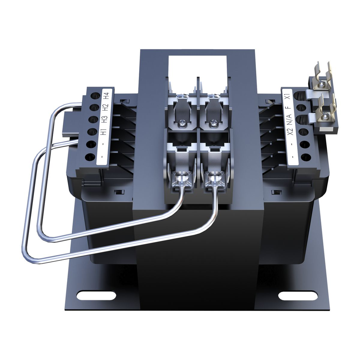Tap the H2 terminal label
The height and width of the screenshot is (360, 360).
pyautogui.click(x=106, y=107)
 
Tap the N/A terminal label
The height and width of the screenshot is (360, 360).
pyautogui.click(x=290, y=119)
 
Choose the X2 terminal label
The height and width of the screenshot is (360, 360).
pyautogui.click(x=291, y=132)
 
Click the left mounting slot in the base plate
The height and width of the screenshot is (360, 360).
pyautogui.click(x=96, y=295)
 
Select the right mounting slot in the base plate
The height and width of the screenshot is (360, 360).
pyautogui.click(x=298, y=295)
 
